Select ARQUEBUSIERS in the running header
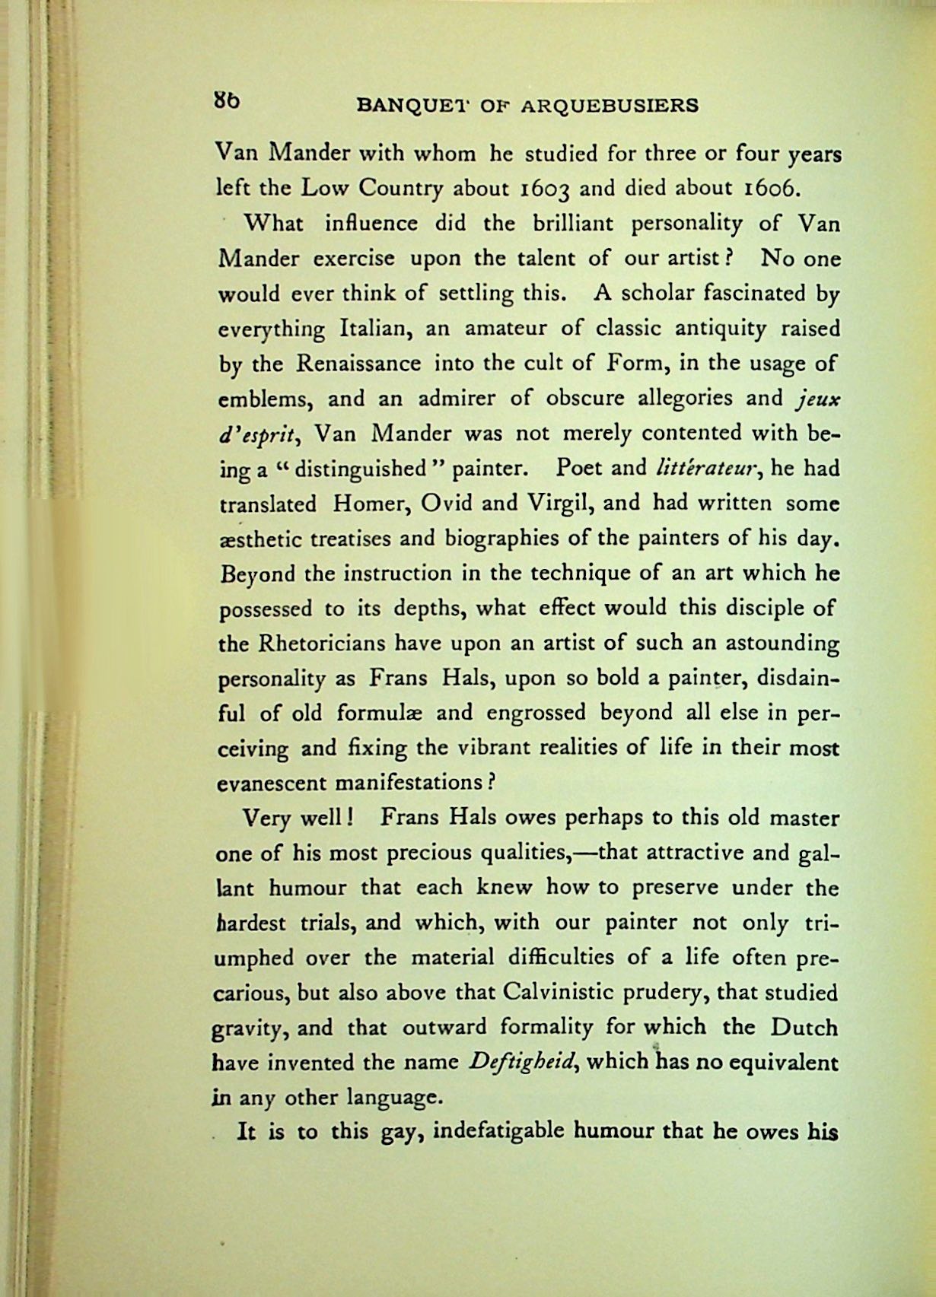(x=610, y=106)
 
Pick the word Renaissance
(x=358, y=363)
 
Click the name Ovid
(x=441, y=503)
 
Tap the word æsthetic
(x=262, y=539)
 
